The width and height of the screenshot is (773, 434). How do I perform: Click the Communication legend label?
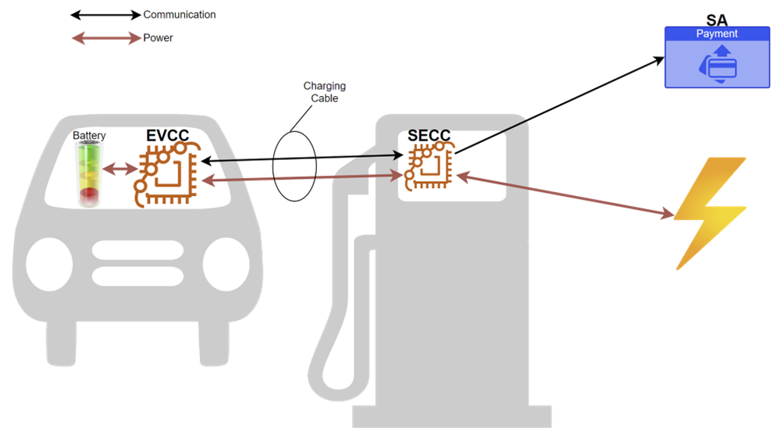tap(179, 15)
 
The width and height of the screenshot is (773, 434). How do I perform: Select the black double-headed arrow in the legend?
tap(105, 15)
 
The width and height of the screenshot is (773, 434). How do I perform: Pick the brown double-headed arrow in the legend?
tap(105, 37)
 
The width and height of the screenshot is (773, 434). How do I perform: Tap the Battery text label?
tap(89, 136)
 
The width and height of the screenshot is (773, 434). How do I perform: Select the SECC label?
tap(429, 136)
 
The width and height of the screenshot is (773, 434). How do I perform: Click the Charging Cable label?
tap(324, 91)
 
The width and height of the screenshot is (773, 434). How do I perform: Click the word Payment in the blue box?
tap(716, 34)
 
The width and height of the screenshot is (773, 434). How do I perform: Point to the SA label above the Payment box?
tap(717, 18)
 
